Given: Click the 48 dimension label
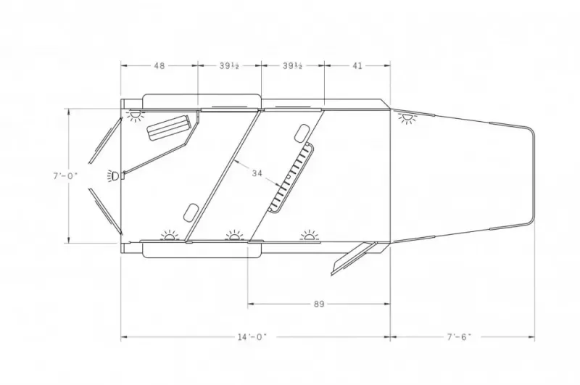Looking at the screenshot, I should click(159, 65).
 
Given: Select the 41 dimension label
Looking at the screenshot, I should click(357, 65).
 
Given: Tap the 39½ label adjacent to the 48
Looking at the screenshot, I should click(229, 65).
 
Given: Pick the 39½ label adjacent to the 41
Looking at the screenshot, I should click(292, 65).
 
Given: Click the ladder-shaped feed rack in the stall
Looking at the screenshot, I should click(291, 178).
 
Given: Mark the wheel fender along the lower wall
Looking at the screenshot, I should click(201, 250).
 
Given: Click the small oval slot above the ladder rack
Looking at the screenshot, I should click(299, 133).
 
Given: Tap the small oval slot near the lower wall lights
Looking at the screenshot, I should click(191, 211).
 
